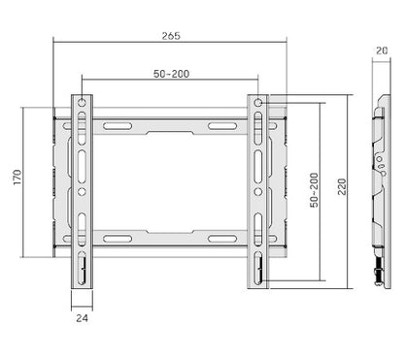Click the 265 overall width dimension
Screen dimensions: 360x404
[x=172, y=35]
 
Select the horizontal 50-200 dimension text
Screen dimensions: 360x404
[x=171, y=74]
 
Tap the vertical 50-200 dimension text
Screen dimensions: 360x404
[x=311, y=190]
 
